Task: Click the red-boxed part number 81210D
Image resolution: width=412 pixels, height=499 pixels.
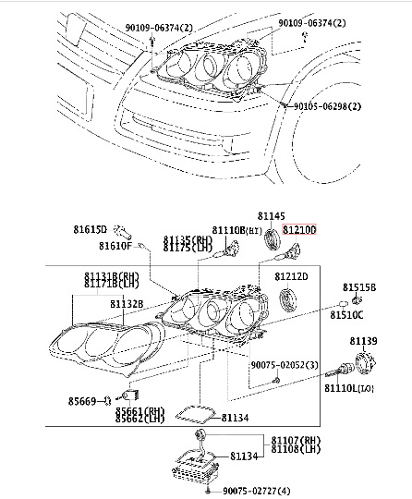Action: pos(299,229)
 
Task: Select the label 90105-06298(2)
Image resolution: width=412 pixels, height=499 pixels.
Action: pos(336,106)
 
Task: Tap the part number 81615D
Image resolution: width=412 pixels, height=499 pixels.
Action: pos(91,228)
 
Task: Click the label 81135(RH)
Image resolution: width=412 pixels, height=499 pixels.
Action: pos(188,239)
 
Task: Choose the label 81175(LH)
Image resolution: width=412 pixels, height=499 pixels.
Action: pos(188,248)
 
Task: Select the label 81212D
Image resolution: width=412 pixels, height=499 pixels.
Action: pos(293,275)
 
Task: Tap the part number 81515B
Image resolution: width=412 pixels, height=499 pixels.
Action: pos(360,288)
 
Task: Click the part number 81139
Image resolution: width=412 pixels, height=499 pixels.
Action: pos(363,341)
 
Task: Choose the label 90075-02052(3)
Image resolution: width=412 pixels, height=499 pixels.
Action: pos(285,365)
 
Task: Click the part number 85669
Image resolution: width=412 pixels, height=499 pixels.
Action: pos(80,400)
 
